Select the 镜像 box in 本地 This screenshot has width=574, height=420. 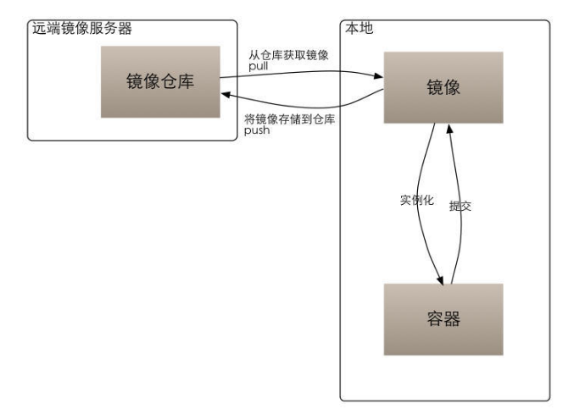click(x=443, y=87)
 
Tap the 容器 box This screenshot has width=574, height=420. click(x=443, y=320)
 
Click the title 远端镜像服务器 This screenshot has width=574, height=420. click(x=81, y=28)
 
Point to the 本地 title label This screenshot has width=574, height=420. click(x=359, y=28)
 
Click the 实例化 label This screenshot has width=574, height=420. click(x=416, y=202)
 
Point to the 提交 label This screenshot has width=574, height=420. click(x=460, y=206)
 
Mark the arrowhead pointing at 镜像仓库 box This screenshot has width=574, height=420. click(x=226, y=97)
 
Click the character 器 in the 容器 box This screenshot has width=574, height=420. click(x=454, y=320)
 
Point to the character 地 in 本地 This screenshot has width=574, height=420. click(x=367, y=28)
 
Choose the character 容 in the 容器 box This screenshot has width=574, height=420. click(x=433, y=320)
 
